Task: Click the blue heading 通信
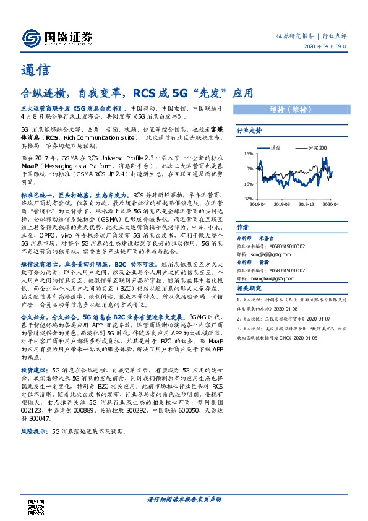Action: tap(35, 70)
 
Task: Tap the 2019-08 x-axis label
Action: tap(282, 204)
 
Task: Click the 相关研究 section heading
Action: tap(250, 288)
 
